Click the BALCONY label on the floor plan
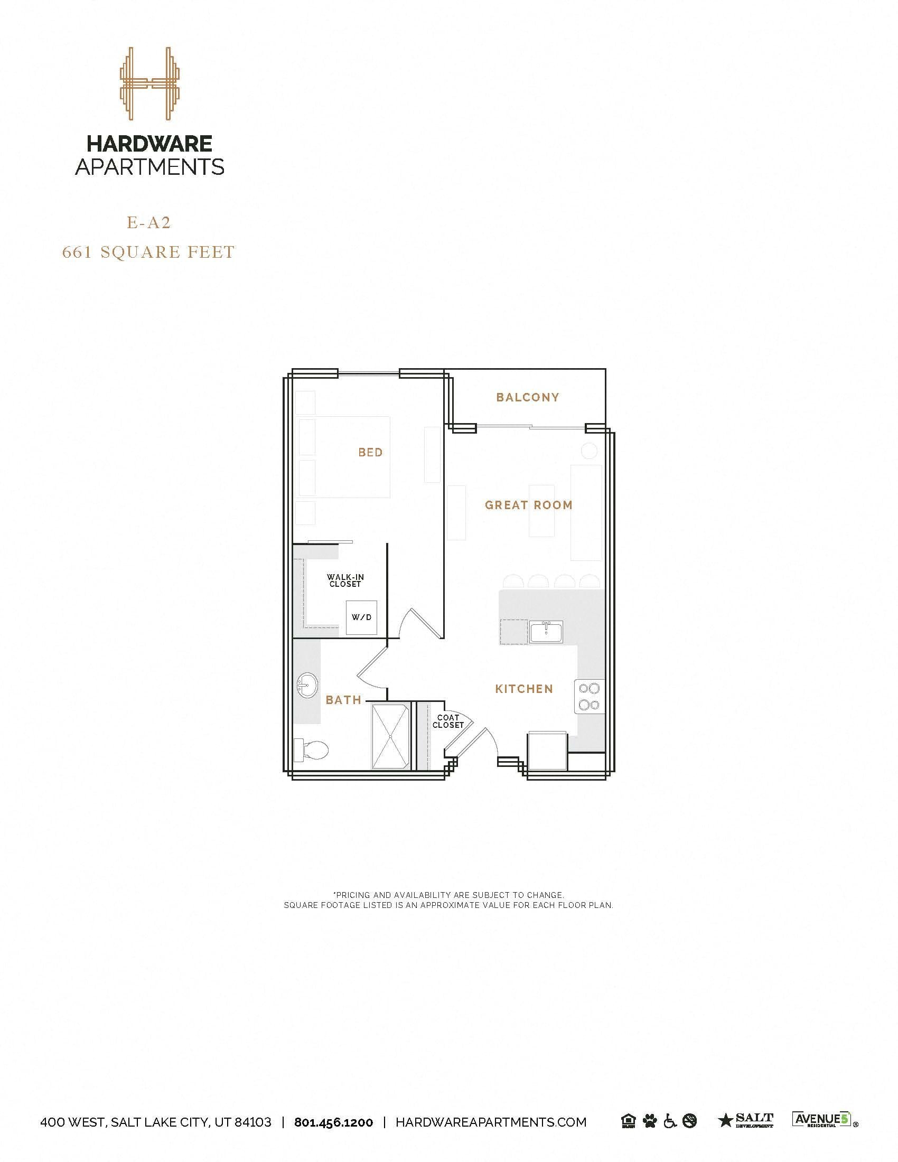(527, 397)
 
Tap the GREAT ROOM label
(528, 505)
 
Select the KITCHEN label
(524, 689)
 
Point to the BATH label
(343, 700)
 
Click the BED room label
(370, 453)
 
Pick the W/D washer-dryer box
(361, 618)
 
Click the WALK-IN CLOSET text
(345, 580)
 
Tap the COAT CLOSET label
(448, 721)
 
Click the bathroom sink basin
(307, 686)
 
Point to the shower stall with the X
(391, 736)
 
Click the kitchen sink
(546, 632)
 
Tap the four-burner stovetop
(590, 697)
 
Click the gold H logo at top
(150, 83)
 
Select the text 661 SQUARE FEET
(148, 252)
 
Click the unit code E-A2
(148, 223)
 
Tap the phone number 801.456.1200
(333, 1122)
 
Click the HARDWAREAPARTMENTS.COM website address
(491, 1122)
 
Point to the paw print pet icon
(650, 1121)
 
